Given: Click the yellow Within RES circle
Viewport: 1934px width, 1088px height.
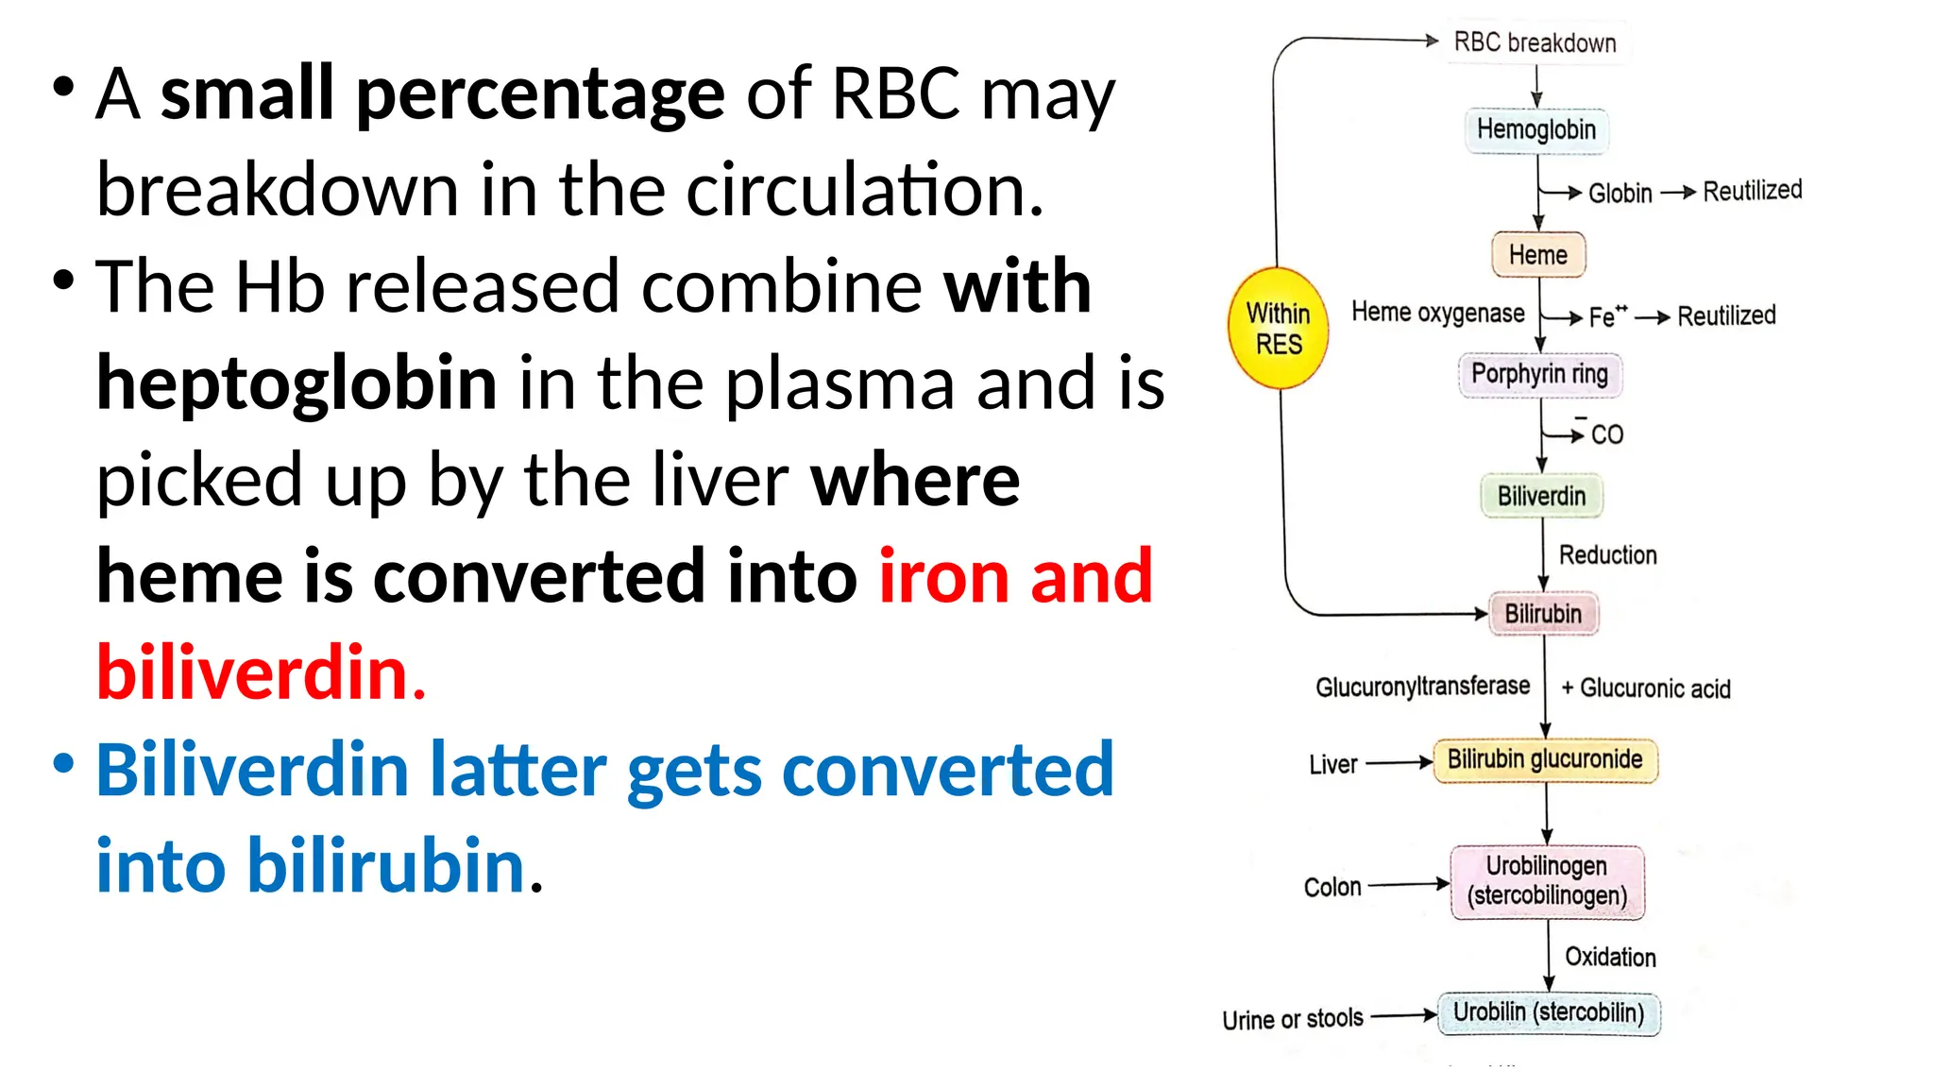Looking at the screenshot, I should [1278, 329].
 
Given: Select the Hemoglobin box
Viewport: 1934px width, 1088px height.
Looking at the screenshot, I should [1535, 129].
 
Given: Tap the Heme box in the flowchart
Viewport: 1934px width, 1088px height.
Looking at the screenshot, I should [1537, 255].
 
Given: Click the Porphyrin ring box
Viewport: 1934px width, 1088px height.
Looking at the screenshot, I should [1539, 374].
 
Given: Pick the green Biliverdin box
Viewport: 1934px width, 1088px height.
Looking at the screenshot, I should [1541, 496].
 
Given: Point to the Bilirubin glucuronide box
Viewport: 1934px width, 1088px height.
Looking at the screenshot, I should [1545, 760].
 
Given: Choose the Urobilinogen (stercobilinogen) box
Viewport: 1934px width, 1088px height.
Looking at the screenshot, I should [1547, 881].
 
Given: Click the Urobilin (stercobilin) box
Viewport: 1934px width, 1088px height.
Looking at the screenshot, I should [1548, 1013].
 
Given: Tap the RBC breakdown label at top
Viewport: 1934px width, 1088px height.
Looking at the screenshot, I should [1535, 42].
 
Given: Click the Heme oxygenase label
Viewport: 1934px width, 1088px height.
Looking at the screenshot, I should [1437, 313].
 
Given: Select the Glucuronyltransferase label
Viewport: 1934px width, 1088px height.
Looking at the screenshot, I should [1422, 687].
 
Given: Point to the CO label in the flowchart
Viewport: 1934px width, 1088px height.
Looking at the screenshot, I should [1606, 434].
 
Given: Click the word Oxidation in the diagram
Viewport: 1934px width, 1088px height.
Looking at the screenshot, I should [1610, 957].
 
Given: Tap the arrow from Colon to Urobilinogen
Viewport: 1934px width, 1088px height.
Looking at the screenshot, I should [1408, 885].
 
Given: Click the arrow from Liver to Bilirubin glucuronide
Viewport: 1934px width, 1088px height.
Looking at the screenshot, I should [1399, 762].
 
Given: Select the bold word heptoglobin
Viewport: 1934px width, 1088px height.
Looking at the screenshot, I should [297, 383].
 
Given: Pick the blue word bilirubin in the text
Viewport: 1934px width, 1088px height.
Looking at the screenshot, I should [385, 865].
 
